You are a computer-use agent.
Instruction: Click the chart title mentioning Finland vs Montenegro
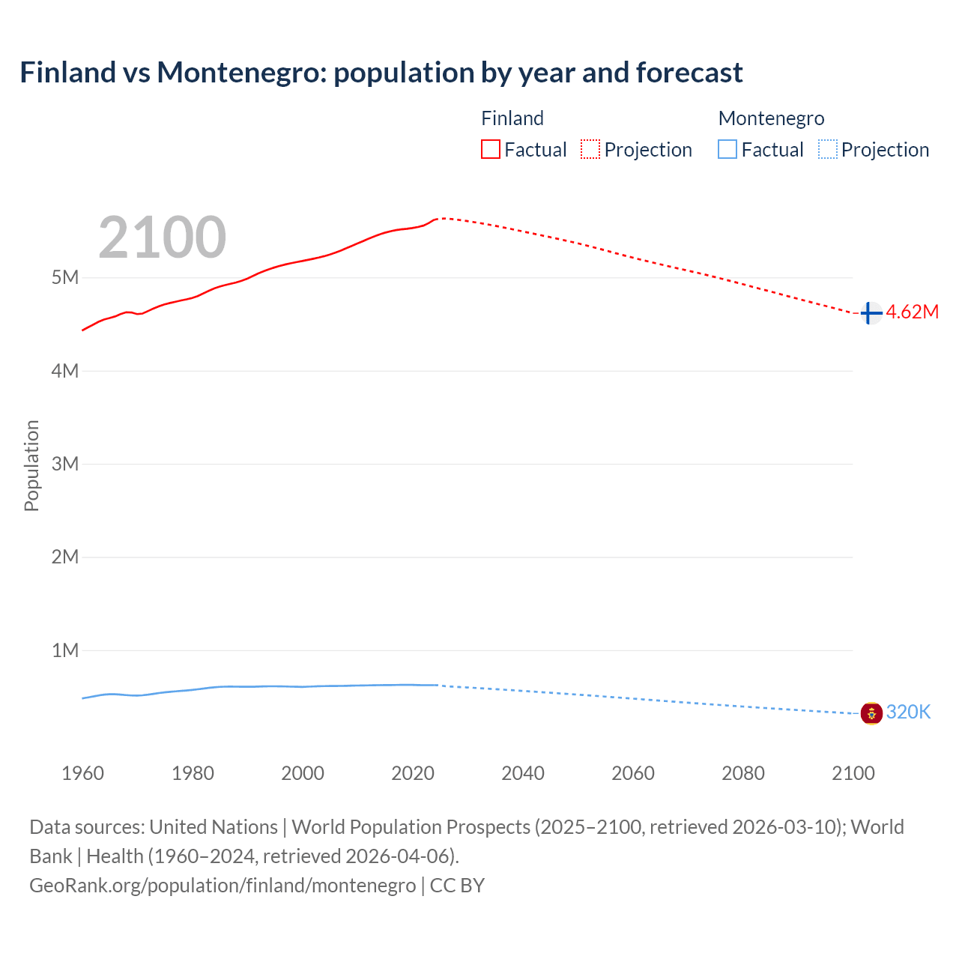[381, 73]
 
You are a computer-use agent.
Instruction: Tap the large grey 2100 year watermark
[162, 238]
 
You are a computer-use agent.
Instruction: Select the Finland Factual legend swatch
[491, 150]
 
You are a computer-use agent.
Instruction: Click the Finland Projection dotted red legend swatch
[590, 150]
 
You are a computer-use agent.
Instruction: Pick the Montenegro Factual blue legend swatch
[727, 150]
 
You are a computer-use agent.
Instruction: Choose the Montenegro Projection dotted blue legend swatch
[828, 150]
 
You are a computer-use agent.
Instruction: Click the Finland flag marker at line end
[871, 312]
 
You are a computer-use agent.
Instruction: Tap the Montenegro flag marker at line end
[871, 713]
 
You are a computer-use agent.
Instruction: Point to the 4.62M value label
[912, 312]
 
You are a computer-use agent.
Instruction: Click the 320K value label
[908, 713]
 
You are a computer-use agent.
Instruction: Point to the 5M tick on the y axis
[65, 278]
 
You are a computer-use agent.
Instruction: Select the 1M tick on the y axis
[65, 650]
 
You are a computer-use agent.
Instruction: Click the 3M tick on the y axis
[65, 464]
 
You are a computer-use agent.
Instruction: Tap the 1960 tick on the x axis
[82, 773]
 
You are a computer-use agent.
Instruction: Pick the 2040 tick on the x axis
[523, 773]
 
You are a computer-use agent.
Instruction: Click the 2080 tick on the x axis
[743, 773]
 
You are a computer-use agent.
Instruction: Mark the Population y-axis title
[31, 465]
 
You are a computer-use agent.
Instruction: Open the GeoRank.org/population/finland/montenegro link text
[223, 886]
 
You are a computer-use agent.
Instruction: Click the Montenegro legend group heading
[771, 118]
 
